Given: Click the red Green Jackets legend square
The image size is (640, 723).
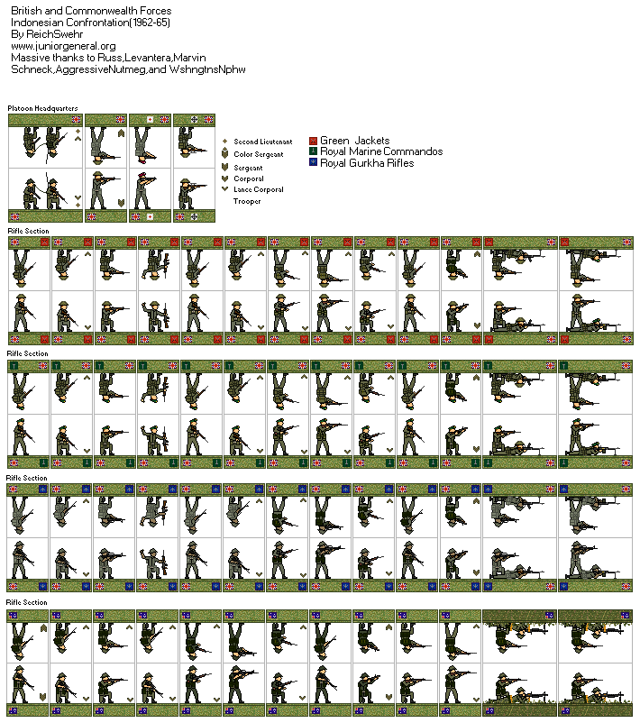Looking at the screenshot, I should [x=313, y=142].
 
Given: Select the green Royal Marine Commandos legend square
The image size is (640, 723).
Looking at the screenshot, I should [x=313, y=152].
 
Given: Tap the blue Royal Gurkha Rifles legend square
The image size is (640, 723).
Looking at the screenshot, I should [x=313, y=163].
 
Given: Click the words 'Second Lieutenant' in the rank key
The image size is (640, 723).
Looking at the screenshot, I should [x=262, y=142].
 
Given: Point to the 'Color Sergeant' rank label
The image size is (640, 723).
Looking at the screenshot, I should [x=259, y=154].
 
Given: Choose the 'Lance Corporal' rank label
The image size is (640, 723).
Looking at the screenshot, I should [x=258, y=189].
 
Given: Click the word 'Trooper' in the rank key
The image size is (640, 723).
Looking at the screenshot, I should [x=247, y=201].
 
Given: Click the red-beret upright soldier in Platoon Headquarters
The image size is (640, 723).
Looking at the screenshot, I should [x=141, y=189].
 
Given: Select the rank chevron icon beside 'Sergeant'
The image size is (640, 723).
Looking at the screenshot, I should [x=224, y=167].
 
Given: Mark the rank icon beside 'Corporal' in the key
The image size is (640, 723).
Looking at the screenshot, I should [x=224, y=178].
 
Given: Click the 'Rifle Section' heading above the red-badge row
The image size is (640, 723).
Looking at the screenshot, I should [x=28, y=231].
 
